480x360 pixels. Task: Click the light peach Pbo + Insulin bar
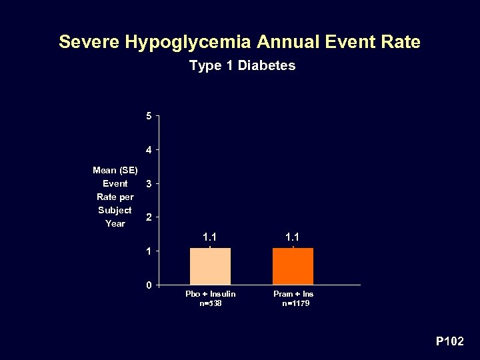click(210, 267)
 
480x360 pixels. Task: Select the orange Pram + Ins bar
click(293, 267)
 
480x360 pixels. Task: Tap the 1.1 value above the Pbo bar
click(210, 237)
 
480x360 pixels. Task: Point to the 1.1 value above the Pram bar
click(293, 237)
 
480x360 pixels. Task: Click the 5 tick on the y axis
click(149, 116)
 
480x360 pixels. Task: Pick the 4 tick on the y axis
click(149, 149)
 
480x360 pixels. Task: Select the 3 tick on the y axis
click(149, 183)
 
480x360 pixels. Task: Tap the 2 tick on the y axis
click(149, 217)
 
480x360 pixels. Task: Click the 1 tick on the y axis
click(149, 251)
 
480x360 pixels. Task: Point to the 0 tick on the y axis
click(149, 285)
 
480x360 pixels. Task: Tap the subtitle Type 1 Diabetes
click(242, 65)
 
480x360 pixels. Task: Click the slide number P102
click(449, 341)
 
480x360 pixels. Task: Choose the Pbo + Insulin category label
click(210, 294)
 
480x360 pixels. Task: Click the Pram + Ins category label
click(293, 294)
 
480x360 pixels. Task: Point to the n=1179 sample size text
click(295, 303)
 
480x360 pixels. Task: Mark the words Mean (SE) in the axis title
click(115, 170)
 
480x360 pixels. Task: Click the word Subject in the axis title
click(115, 210)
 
